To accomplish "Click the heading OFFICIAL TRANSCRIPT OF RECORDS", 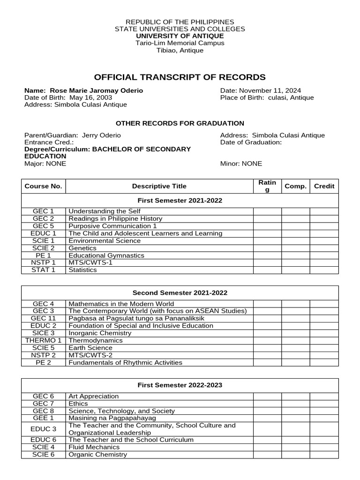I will tap(180, 77).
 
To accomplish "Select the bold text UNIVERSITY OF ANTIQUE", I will tap(180, 36).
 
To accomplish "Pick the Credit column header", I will tap(324, 186).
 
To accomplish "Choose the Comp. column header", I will tap(295, 186).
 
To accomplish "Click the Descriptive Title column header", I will tap(159, 186).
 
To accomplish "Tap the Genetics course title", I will tap(82, 248).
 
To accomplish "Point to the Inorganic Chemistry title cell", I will tap(100, 333).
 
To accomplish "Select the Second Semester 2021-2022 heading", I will tap(180, 293).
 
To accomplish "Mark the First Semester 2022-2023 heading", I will tap(180, 385).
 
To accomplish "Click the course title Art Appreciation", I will tap(94, 396).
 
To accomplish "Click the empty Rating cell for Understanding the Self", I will tap(267, 211).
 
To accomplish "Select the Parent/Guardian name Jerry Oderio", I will tap(101, 135).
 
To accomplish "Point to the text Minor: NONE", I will tap(241, 164).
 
